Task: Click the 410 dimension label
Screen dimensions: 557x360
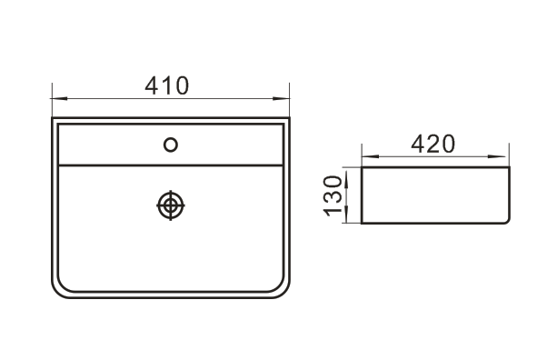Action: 166,85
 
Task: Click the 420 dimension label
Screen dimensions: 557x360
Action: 433,144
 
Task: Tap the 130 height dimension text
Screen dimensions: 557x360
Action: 333,195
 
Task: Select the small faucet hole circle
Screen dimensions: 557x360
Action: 171,145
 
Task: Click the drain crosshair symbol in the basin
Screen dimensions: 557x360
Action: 171,205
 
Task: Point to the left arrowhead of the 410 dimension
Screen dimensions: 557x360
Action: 59,98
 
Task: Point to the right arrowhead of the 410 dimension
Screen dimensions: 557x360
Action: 282,98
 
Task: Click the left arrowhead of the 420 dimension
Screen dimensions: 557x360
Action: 370,156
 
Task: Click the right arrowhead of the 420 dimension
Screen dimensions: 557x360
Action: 497,156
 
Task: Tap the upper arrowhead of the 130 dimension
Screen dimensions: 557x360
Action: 347,175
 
